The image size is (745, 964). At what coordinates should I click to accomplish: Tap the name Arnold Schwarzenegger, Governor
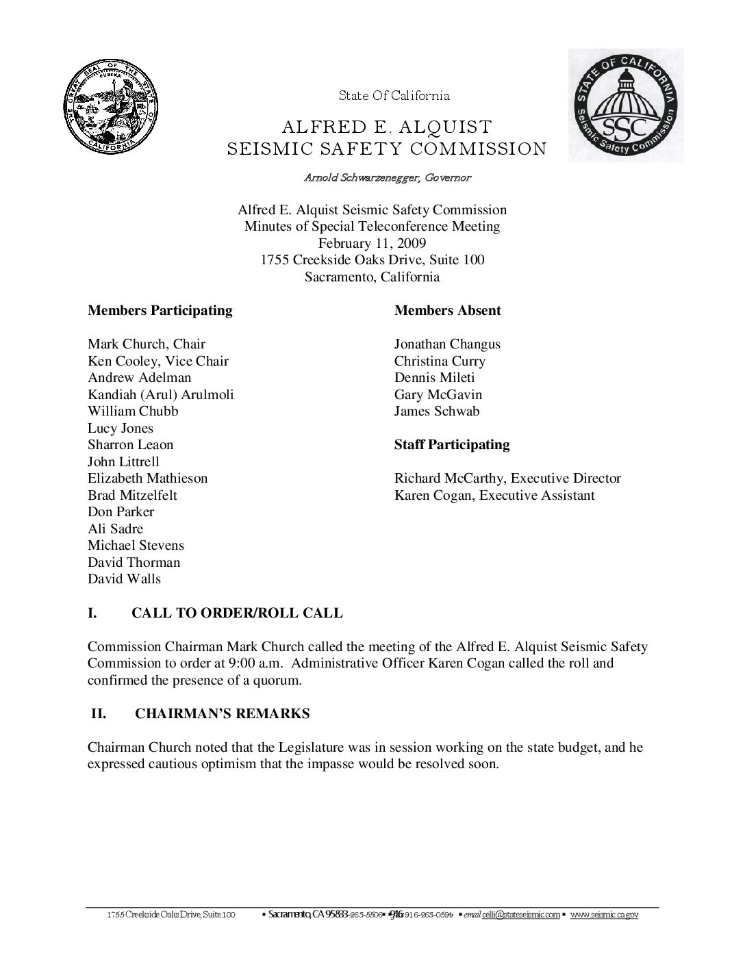coord(388,178)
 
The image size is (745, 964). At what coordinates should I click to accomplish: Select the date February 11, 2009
coord(372,243)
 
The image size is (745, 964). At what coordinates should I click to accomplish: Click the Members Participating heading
coord(160,310)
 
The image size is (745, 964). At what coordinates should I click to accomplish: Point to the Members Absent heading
coord(447,310)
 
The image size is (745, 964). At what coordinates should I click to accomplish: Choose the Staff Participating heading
coord(452,444)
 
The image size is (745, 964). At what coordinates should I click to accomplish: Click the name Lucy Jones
coord(121,428)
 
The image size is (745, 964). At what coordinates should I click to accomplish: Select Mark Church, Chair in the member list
coord(147,344)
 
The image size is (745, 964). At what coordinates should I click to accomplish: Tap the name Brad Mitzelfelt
coord(133,495)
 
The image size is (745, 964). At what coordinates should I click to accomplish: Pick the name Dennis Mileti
coord(434,377)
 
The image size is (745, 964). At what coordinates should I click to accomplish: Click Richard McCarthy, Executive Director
coord(507,478)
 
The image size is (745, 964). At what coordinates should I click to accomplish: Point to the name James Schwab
coord(437,411)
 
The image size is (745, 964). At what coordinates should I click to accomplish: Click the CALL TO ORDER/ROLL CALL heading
coord(237,613)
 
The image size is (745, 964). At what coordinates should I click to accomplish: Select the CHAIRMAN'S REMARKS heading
coord(222,713)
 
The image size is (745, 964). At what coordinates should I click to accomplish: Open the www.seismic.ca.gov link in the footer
coord(604,915)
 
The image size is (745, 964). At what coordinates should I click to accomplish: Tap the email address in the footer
coord(520,915)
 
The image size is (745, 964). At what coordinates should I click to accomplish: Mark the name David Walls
coord(124,579)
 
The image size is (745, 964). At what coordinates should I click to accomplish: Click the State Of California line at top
coord(394,96)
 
